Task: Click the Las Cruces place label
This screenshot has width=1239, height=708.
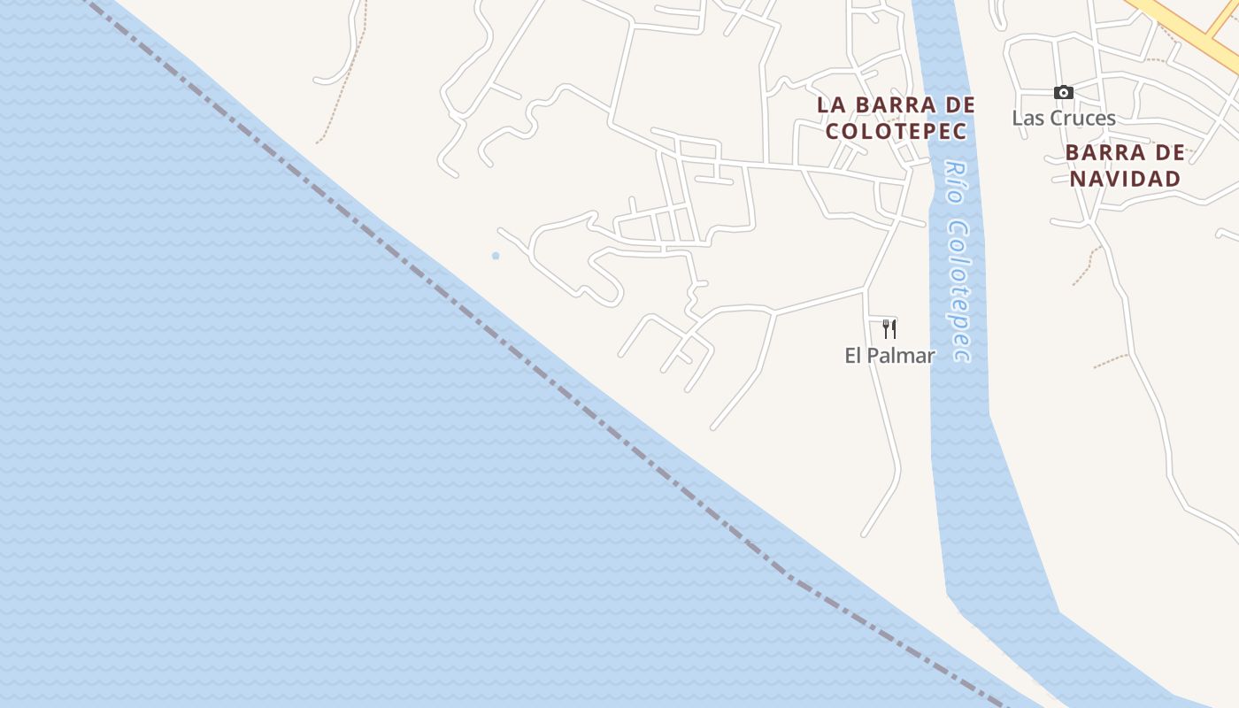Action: tap(1064, 118)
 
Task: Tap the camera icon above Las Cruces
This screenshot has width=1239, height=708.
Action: tap(1064, 92)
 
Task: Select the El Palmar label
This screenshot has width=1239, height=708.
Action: tap(889, 356)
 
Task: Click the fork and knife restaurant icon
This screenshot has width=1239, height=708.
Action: tap(889, 328)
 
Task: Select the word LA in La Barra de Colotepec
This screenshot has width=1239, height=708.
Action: tap(832, 104)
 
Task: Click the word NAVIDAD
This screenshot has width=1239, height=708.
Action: tap(1125, 179)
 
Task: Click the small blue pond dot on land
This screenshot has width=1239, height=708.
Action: tap(496, 256)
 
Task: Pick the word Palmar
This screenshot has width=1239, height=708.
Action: tap(901, 356)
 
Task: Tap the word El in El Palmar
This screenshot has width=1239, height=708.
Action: tap(854, 356)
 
